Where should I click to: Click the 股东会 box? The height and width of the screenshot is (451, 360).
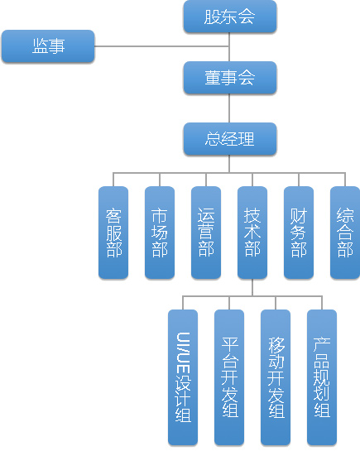click(230, 17)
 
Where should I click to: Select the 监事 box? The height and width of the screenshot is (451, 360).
click(48, 46)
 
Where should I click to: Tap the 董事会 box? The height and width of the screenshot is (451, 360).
click(230, 78)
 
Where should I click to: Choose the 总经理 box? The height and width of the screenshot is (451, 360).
click(230, 139)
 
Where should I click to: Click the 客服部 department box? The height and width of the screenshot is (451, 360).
click(113, 233)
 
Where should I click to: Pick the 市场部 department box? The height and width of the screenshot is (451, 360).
click(160, 233)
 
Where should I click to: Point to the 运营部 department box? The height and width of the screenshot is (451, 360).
click(206, 233)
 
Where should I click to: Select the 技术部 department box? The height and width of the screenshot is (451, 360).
click(252, 233)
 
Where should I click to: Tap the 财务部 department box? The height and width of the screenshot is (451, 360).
click(299, 233)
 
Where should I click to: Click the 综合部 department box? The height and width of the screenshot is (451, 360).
click(345, 233)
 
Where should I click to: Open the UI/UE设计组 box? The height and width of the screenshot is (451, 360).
click(183, 377)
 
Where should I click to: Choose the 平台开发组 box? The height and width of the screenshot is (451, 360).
click(229, 377)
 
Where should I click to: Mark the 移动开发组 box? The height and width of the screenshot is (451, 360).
click(276, 377)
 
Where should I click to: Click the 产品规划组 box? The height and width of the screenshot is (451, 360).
click(322, 377)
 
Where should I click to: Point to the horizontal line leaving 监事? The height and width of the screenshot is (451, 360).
click(162, 46)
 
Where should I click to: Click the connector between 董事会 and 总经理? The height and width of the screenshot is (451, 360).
click(229, 108)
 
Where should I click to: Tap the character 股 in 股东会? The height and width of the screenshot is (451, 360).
click(213, 17)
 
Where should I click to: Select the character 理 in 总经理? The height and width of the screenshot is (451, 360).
click(246, 139)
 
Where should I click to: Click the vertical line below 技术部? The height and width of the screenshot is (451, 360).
click(252, 287)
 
